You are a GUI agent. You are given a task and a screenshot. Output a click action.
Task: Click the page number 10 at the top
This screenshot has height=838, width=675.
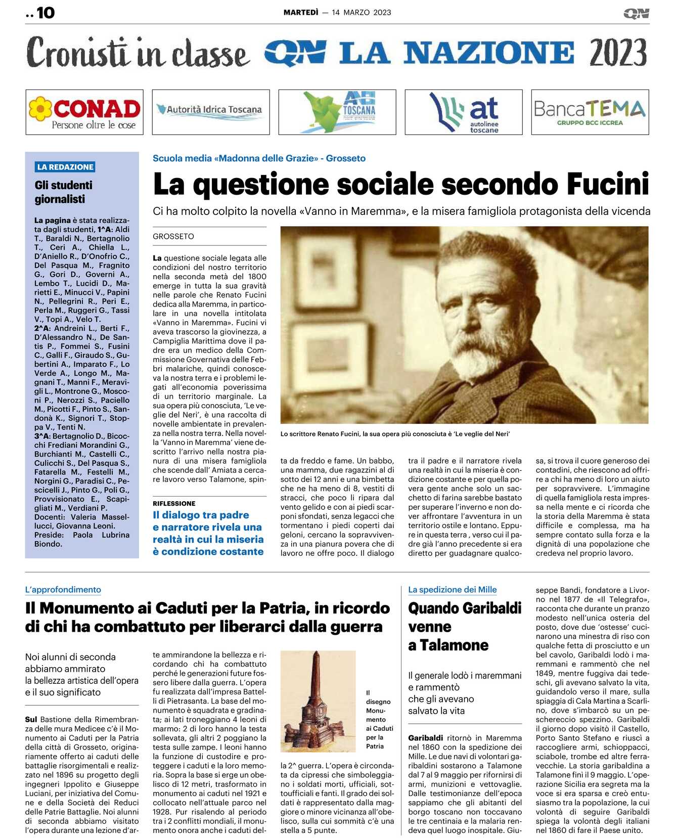click(x=45, y=13)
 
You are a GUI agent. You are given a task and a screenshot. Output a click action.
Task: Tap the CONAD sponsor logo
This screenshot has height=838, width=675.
click(x=84, y=112)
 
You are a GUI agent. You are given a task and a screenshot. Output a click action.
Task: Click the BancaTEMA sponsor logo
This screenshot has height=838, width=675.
click(x=590, y=112)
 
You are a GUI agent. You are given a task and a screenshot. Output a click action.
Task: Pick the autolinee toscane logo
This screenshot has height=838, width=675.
click(x=464, y=112)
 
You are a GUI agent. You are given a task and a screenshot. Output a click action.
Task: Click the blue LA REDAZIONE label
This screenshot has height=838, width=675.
click(x=65, y=167)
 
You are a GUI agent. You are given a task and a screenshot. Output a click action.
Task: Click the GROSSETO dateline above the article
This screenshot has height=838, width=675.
click(x=173, y=236)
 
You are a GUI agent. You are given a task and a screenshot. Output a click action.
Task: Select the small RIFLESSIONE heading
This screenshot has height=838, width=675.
click(x=174, y=503)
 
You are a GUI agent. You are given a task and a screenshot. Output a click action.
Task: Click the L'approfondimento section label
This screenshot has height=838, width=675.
click(x=63, y=590)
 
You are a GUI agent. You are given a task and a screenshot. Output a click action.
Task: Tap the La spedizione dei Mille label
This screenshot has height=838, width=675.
click(x=452, y=590)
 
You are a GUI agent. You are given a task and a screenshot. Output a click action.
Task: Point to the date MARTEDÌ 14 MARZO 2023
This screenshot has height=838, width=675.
click(x=337, y=13)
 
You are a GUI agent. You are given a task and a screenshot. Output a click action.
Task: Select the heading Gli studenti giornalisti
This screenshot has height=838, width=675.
click(x=64, y=192)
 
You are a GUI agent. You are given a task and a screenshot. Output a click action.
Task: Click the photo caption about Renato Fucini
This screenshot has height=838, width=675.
click(x=395, y=434)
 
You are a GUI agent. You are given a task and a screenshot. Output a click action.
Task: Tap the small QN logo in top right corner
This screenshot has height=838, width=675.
click(x=636, y=14)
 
